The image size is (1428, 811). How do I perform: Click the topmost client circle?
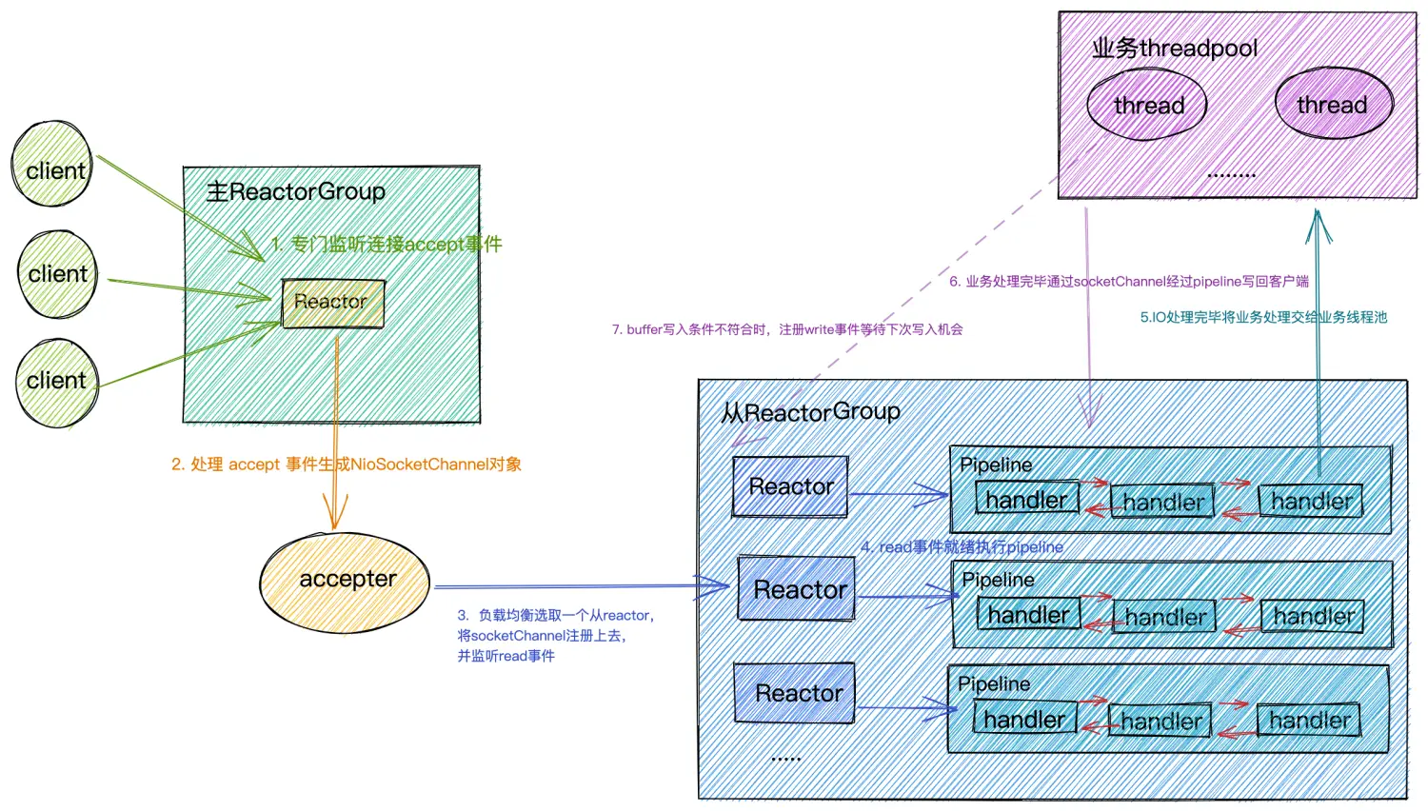click(x=52, y=165)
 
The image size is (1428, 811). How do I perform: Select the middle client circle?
click(x=57, y=274)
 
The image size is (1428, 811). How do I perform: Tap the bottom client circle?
click(x=57, y=383)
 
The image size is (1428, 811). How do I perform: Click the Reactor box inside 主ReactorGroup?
click(x=332, y=303)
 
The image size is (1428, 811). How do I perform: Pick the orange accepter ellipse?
click(x=345, y=582)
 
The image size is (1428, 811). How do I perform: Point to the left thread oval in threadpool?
click(x=1147, y=105)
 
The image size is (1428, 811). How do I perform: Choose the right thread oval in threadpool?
click(x=1333, y=104)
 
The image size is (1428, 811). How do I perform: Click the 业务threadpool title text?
click(x=1175, y=48)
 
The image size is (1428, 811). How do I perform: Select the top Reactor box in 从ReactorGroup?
click(x=790, y=486)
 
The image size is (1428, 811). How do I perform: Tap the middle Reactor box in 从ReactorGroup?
click(x=798, y=589)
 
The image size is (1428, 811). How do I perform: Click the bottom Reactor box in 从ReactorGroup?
click(x=796, y=693)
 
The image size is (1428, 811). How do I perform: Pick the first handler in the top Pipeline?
click(x=1026, y=499)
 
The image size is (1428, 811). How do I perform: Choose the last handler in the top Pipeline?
click(x=1311, y=501)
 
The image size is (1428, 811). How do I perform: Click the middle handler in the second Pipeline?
click(x=1165, y=617)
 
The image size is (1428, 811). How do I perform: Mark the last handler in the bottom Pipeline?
click(x=1309, y=720)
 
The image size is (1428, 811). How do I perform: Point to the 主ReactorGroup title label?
click(x=296, y=191)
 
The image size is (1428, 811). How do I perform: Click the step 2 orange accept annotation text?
click(x=347, y=465)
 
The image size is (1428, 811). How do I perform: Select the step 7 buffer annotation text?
click(x=786, y=329)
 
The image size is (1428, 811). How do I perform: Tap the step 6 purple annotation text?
click(x=1128, y=281)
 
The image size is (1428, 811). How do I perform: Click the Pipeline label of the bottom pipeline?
click(x=994, y=683)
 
